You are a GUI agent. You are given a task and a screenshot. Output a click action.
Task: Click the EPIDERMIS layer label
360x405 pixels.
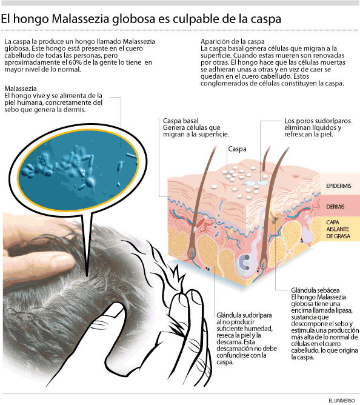339,186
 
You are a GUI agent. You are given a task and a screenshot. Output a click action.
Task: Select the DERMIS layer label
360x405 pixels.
335,207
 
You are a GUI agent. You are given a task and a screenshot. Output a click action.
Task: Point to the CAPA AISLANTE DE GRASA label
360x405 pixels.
338,229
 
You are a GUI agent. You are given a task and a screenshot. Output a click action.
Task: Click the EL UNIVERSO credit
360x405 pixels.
342,400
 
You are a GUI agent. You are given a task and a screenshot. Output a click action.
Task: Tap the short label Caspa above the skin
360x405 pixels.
238,149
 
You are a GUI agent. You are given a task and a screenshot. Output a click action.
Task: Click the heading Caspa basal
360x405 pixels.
181,121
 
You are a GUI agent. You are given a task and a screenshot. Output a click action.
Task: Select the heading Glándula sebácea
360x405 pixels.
315,290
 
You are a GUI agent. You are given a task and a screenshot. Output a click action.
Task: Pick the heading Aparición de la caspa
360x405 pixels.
233,42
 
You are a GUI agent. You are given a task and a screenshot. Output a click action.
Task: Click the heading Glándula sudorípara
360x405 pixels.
244,315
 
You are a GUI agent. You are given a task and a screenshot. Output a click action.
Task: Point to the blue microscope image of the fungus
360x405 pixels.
78,169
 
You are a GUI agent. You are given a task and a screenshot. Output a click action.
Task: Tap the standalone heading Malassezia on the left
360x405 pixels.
21,89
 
